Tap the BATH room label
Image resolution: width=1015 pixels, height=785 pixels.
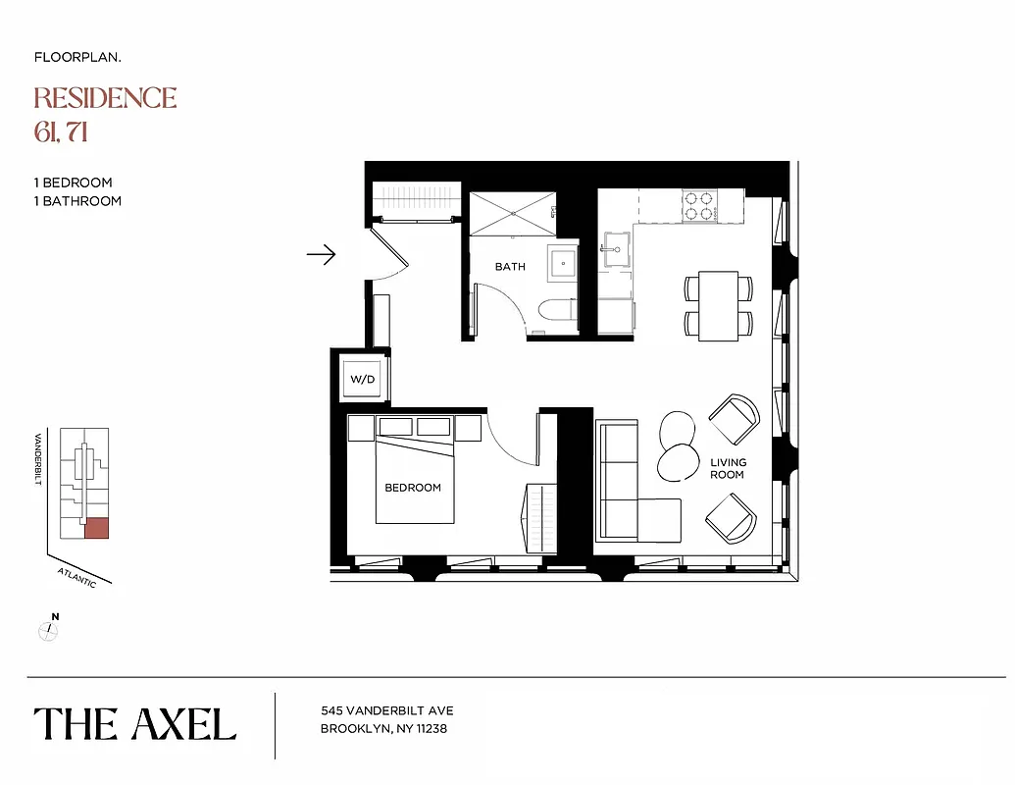510,267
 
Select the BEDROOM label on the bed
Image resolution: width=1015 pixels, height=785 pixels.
413,488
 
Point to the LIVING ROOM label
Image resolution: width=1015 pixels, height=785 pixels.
728,468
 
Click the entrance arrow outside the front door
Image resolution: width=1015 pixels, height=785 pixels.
321,255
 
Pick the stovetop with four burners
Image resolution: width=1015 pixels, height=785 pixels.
698,204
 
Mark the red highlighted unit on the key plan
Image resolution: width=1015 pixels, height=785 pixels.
96,528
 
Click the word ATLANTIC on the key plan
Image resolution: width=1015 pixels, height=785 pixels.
76,577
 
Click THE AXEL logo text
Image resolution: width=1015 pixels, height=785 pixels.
135,724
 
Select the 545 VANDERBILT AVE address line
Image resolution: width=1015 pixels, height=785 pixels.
387,710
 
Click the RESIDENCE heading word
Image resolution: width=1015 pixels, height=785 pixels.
105,98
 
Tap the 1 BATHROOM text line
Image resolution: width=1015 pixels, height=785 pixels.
77,201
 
